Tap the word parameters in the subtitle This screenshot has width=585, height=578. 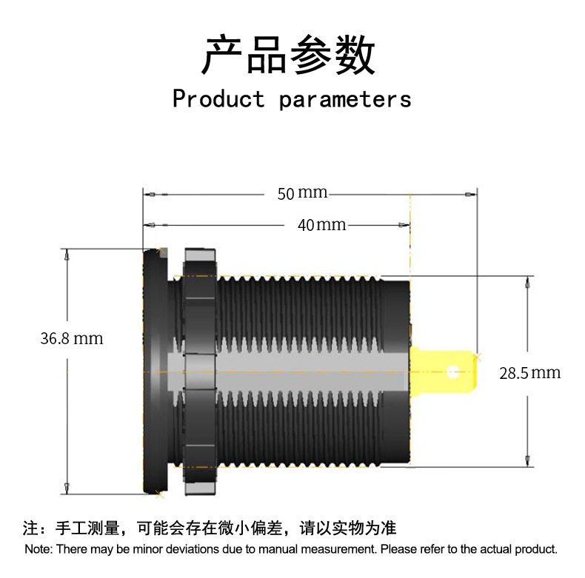345,99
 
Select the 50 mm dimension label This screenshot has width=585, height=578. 302,193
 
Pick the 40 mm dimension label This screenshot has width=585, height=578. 321,224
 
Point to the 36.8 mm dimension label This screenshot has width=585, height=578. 71,339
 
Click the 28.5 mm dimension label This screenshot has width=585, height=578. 529,372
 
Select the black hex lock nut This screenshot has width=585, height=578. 199,370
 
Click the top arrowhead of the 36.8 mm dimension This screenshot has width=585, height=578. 67,254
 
